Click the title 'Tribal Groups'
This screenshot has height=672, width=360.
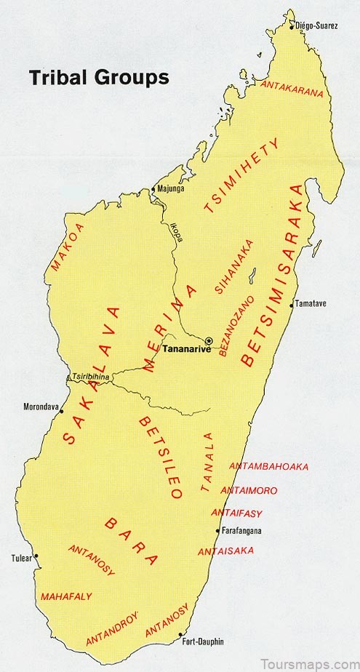pos(99,77)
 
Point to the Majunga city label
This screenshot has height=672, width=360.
pos(172,189)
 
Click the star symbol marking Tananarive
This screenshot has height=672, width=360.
pos(209,340)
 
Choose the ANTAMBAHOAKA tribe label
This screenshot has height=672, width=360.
pos(268,466)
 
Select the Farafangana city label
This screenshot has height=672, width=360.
pos(242,530)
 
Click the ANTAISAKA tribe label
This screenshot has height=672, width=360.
pos(226,551)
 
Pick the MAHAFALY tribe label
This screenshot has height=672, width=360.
pos(66,596)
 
